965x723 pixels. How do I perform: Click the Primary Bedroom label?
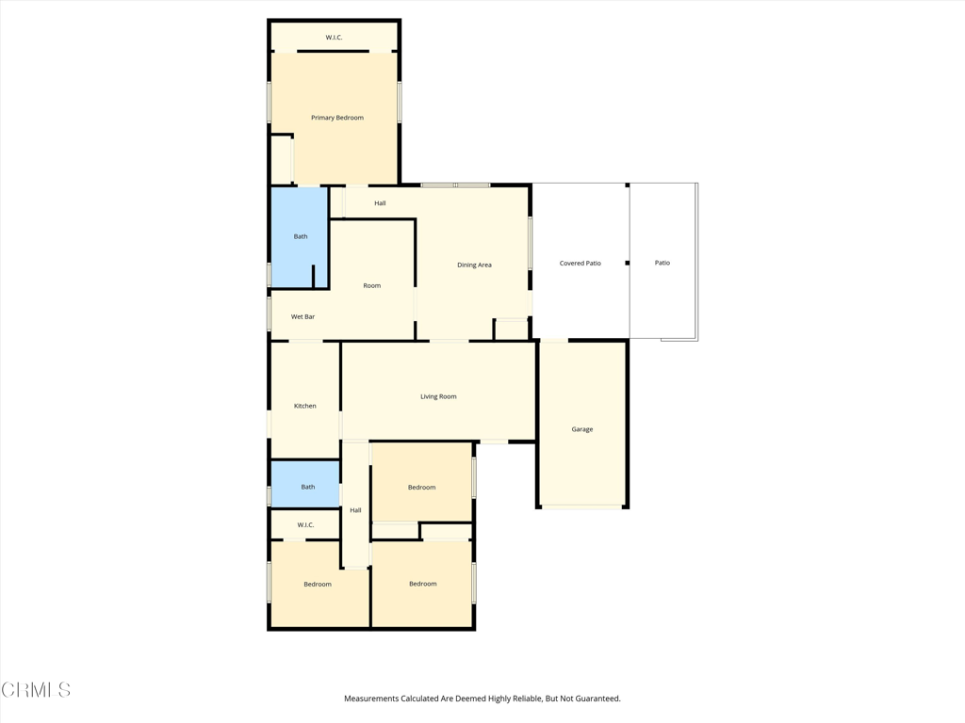pyautogui.click(x=337, y=118)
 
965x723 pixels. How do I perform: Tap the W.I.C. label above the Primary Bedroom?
pyautogui.click(x=334, y=38)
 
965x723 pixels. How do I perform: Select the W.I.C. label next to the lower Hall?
pyautogui.click(x=305, y=525)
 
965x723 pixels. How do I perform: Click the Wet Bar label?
pyautogui.click(x=303, y=317)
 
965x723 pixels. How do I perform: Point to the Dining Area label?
pyautogui.click(x=474, y=265)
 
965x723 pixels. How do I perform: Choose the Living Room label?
pyautogui.click(x=438, y=397)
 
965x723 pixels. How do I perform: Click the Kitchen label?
pyautogui.click(x=304, y=407)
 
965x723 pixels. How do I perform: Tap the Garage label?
pyautogui.click(x=582, y=429)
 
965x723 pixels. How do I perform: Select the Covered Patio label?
pyautogui.click(x=580, y=264)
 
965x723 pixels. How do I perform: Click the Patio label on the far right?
pyautogui.click(x=662, y=264)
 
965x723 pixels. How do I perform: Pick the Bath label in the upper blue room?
pyautogui.click(x=301, y=237)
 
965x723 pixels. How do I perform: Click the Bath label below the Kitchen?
pyautogui.click(x=307, y=488)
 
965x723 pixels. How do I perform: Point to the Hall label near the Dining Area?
pyautogui.click(x=380, y=203)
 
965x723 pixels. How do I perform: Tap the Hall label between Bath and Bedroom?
pyautogui.click(x=355, y=511)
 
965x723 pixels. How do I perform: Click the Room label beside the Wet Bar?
pyautogui.click(x=372, y=286)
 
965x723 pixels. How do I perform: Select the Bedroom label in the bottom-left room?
pyautogui.click(x=318, y=585)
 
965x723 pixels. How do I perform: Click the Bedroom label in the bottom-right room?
pyautogui.click(x=422, y=585)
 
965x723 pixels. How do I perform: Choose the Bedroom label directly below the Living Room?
pyautogui.click(x=421, y=488)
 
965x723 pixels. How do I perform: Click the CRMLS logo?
pyautogui.click(x=36, y=690)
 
